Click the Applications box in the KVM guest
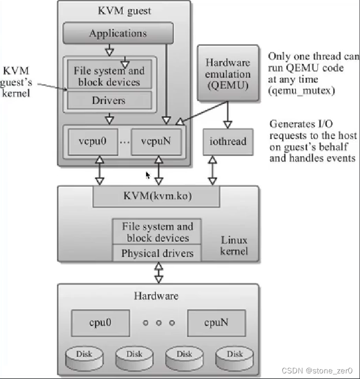pos(118,34)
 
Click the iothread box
pos(227,141)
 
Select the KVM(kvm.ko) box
pos(156,196)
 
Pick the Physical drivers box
pos(157,253)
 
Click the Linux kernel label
pos(234,245)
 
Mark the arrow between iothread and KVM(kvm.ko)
pos(212,170)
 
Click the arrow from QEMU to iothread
pos(228,115)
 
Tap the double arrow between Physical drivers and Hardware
pos(159,272)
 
